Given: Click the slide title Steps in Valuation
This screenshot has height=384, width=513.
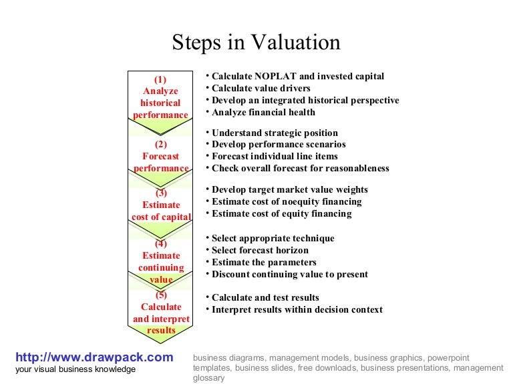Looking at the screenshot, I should [256, 43].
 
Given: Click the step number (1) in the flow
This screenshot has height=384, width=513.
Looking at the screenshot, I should [160, 80].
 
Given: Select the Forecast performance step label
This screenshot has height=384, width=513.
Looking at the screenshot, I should [161, 157].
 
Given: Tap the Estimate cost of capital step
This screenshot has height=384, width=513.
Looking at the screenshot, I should [161, 205].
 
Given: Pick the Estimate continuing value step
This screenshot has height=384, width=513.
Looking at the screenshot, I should [161, 261].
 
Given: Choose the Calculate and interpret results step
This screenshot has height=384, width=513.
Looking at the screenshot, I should [161, 313].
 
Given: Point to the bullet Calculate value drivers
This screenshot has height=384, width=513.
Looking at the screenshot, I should [261, 89].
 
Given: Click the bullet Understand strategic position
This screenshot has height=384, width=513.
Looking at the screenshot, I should [275, 133].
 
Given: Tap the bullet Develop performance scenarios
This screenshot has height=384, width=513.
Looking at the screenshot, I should [279, 145].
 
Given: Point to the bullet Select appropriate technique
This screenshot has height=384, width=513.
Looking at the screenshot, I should [273, 238].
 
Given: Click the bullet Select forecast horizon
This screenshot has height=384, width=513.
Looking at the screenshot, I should [260, 250].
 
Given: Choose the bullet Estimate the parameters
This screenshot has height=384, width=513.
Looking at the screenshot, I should [264, 262].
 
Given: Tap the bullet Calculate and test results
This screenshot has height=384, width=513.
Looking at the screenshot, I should [265, 297].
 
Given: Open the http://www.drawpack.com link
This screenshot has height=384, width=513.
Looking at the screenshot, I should [94, 357].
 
